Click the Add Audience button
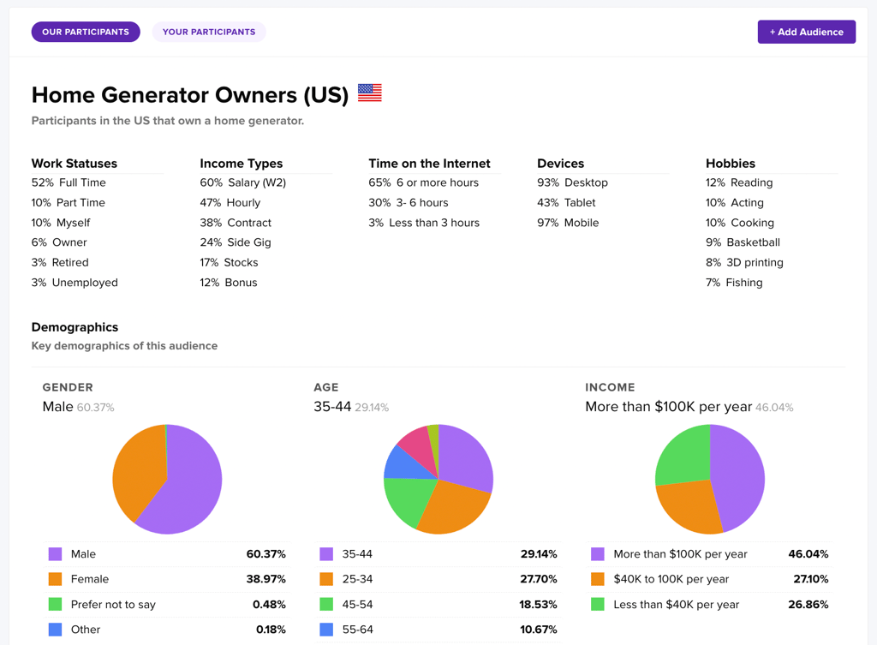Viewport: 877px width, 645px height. pyautogui.click(x=806, y=32)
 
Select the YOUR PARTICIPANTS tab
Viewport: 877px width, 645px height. pyautogui.click(x=209, y=32)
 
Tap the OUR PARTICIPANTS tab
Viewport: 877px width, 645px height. pyautogui.click(x=86, y=32)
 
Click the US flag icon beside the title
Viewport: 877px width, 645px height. pyautogui.click(x=370, y=93)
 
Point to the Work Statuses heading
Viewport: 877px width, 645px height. pyautogui.click(x=75, y=163)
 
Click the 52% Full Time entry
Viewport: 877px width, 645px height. pyautogui.click(x=69, y=182)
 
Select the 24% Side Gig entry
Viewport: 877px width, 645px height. pyautogui.click(x=236, y=242)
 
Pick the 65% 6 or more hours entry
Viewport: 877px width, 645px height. pyautogui.click(x=423, y=182)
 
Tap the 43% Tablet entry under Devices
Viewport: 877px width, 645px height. pyautogui.click(x=566, y=202)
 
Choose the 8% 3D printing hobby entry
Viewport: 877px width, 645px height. pyautogui.click(x=744, y=262)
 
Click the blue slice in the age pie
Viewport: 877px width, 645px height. pyautogui.click(x=399, y=463)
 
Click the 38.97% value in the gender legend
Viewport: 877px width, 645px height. pyautogui.click(x=265, y=579)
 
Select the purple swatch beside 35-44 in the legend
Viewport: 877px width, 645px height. pyautogui.click(x=326, y=554)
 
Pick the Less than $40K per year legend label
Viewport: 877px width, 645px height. pyautogui.click(x=676, y=604)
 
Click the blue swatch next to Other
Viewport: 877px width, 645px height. pyautogui.click(x=56, y=629)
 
